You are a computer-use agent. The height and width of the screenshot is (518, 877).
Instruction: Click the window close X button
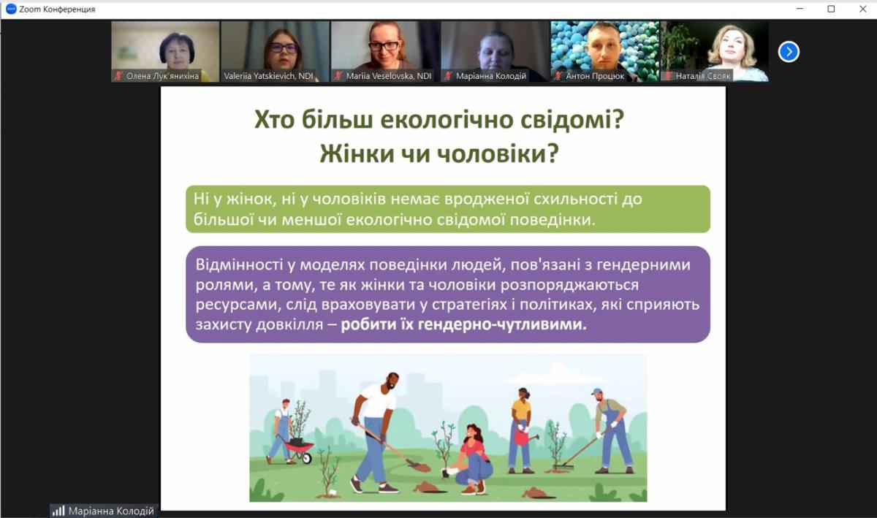coord(862,9)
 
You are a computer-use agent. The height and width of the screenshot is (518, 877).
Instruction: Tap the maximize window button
coord(831,9)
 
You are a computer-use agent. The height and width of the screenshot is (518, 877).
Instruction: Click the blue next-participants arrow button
coord(789,52)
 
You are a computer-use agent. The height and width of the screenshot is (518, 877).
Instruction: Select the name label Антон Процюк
coord(595,76)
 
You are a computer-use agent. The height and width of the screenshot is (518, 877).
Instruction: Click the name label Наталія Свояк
coord(703,76)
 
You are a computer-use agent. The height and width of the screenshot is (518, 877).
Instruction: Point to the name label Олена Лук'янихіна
coord(162,76)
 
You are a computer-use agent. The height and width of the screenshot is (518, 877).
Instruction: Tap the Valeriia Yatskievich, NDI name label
coord(268,76)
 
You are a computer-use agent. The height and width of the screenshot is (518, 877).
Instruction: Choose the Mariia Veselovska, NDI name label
coord(388,76)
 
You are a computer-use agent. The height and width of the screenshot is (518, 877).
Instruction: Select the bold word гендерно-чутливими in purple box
coord(502,324)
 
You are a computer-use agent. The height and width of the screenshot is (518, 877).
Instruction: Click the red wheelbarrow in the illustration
coord(299,449)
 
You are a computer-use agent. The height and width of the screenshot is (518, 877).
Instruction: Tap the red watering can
coord(525,437)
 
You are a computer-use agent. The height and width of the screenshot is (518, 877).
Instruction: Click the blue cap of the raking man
coord(596,391)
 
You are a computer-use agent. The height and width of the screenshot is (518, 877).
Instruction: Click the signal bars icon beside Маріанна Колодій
coord(58,511)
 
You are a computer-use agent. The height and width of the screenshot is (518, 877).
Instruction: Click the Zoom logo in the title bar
coord(11,9)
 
